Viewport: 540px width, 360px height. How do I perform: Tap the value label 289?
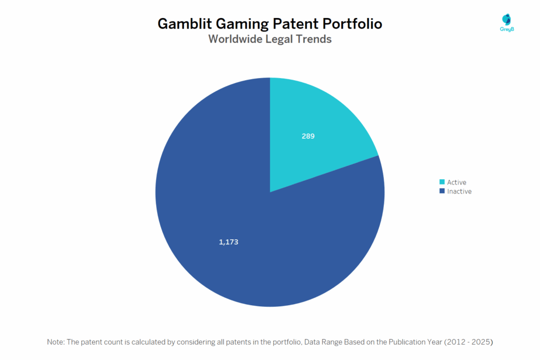[308, 136]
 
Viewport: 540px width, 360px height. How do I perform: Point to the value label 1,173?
[229, 242]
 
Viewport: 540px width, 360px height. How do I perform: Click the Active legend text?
[457, 182]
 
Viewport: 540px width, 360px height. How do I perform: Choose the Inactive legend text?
[459, 191]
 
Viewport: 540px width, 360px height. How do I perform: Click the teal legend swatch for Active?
[442, 182]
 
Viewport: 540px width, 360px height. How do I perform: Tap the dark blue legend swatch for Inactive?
[442, 191]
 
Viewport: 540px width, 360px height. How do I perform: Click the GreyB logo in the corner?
[506, 23]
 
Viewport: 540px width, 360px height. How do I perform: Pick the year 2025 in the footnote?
[481, 342]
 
